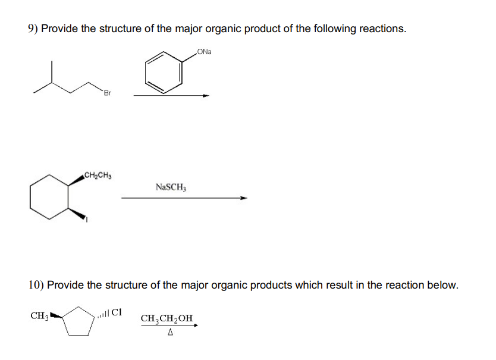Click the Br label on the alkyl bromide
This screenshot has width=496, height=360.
click(106, 93)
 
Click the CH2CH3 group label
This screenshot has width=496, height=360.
click(99, 176)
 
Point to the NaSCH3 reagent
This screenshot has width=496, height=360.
click(171, 187)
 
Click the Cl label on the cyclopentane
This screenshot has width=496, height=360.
click(117, 311)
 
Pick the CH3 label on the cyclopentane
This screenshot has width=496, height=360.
click(39, 314)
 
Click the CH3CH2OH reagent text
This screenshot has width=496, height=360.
click(167, 318)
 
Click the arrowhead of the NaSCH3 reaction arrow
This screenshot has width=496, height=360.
click(243, 199)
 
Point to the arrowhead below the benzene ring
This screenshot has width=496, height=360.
click(206, 95)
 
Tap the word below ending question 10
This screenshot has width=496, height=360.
click(442, 284)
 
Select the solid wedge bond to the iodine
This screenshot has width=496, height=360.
click(76, 213)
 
